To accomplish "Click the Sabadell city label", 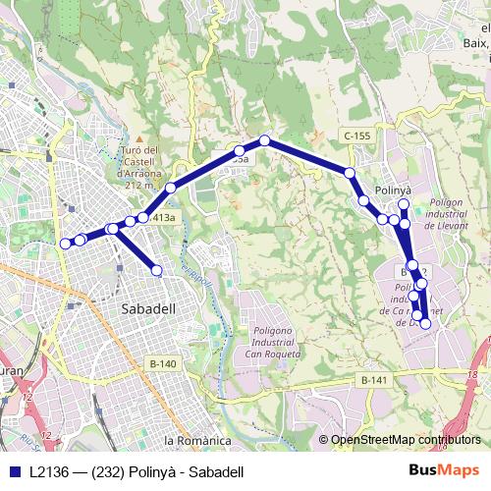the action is click(147, 308).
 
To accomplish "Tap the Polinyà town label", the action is click(393, 188).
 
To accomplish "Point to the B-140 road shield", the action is click(163, 364).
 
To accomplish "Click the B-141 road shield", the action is click(373, 380).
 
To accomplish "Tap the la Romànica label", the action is click(196, 441).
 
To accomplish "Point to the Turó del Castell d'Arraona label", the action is click(138, 166).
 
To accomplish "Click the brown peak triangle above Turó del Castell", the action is click(140, 139).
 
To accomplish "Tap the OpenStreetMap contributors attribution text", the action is click(406, 440).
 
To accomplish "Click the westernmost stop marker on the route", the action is click(67, 243).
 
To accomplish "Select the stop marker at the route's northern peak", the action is click(264, 140).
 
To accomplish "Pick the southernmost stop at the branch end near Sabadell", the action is click(156, 270).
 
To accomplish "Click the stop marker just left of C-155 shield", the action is click(350, 173).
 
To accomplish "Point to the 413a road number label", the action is click(164, 217).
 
